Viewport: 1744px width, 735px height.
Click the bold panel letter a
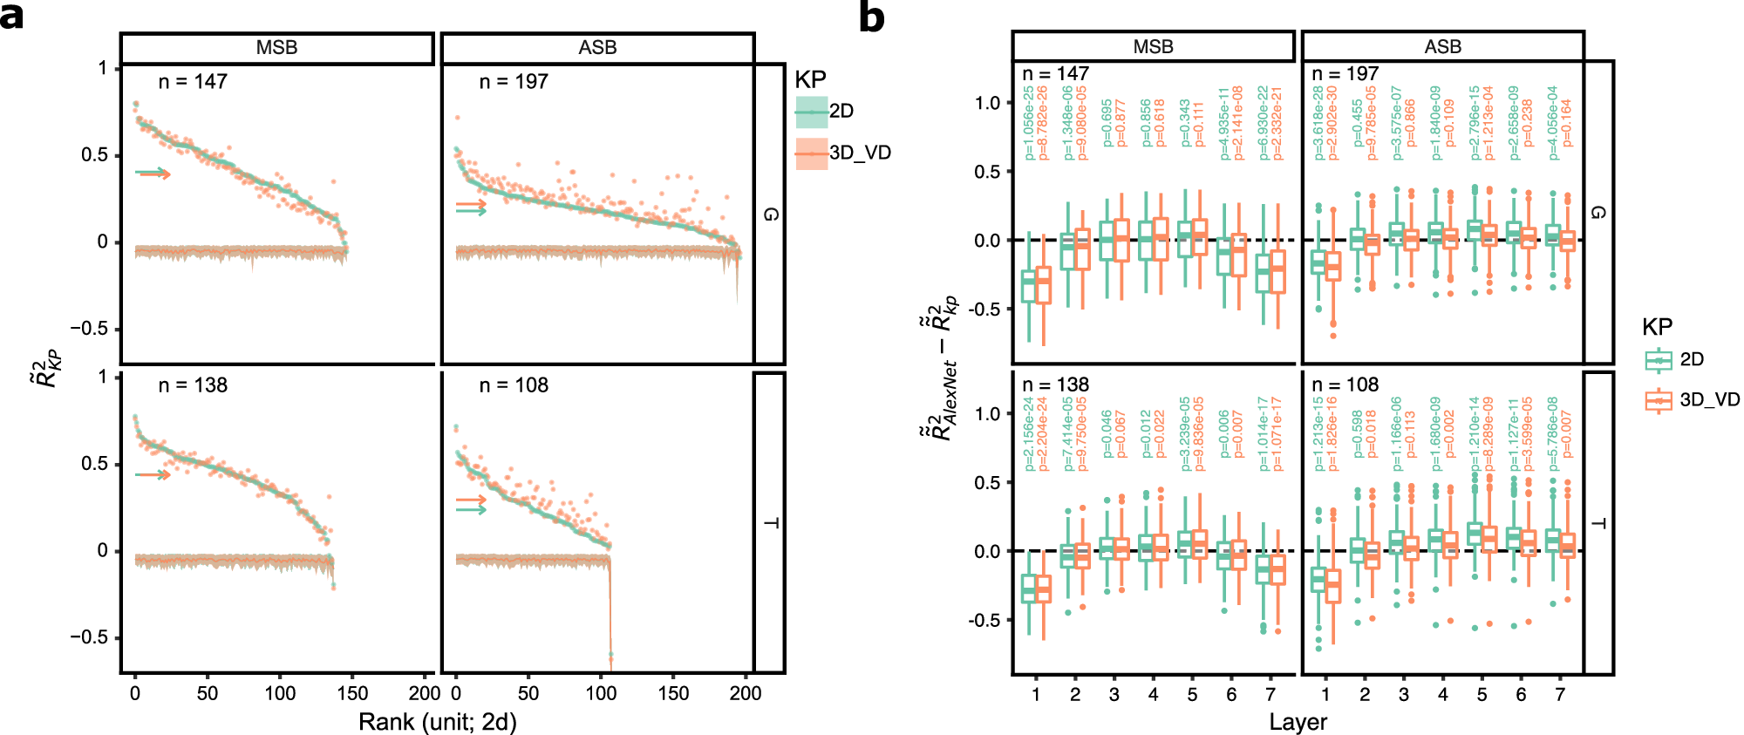click(12, 16)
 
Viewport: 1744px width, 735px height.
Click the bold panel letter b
click(871, 17)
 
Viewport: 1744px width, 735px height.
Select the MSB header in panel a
click(276, 48)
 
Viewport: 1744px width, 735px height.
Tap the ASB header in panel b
click(1442, 47)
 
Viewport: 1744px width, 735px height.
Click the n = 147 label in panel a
click(193, 82)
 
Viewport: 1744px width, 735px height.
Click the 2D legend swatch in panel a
click(811, 112)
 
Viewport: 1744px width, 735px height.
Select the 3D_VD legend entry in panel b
click(1691, 400)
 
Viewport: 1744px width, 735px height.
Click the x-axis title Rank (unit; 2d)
click(438, 722)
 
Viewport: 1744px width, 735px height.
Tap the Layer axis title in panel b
click(1298, 722)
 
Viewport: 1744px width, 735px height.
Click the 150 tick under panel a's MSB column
click(352, 693)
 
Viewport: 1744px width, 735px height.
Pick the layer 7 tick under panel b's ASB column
click(1560, 694)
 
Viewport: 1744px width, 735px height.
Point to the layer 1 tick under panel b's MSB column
click(1036, 694)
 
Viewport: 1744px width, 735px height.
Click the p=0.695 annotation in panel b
click(1107, 122)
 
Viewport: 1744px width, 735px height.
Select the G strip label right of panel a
click(770, 214)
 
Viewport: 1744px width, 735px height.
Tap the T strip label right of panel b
click(1598, 523)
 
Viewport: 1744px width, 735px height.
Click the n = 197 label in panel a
click(514, 82)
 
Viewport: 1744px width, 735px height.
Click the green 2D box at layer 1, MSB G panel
click(1029, 287)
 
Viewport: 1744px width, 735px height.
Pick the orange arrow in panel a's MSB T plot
click(153, 475)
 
